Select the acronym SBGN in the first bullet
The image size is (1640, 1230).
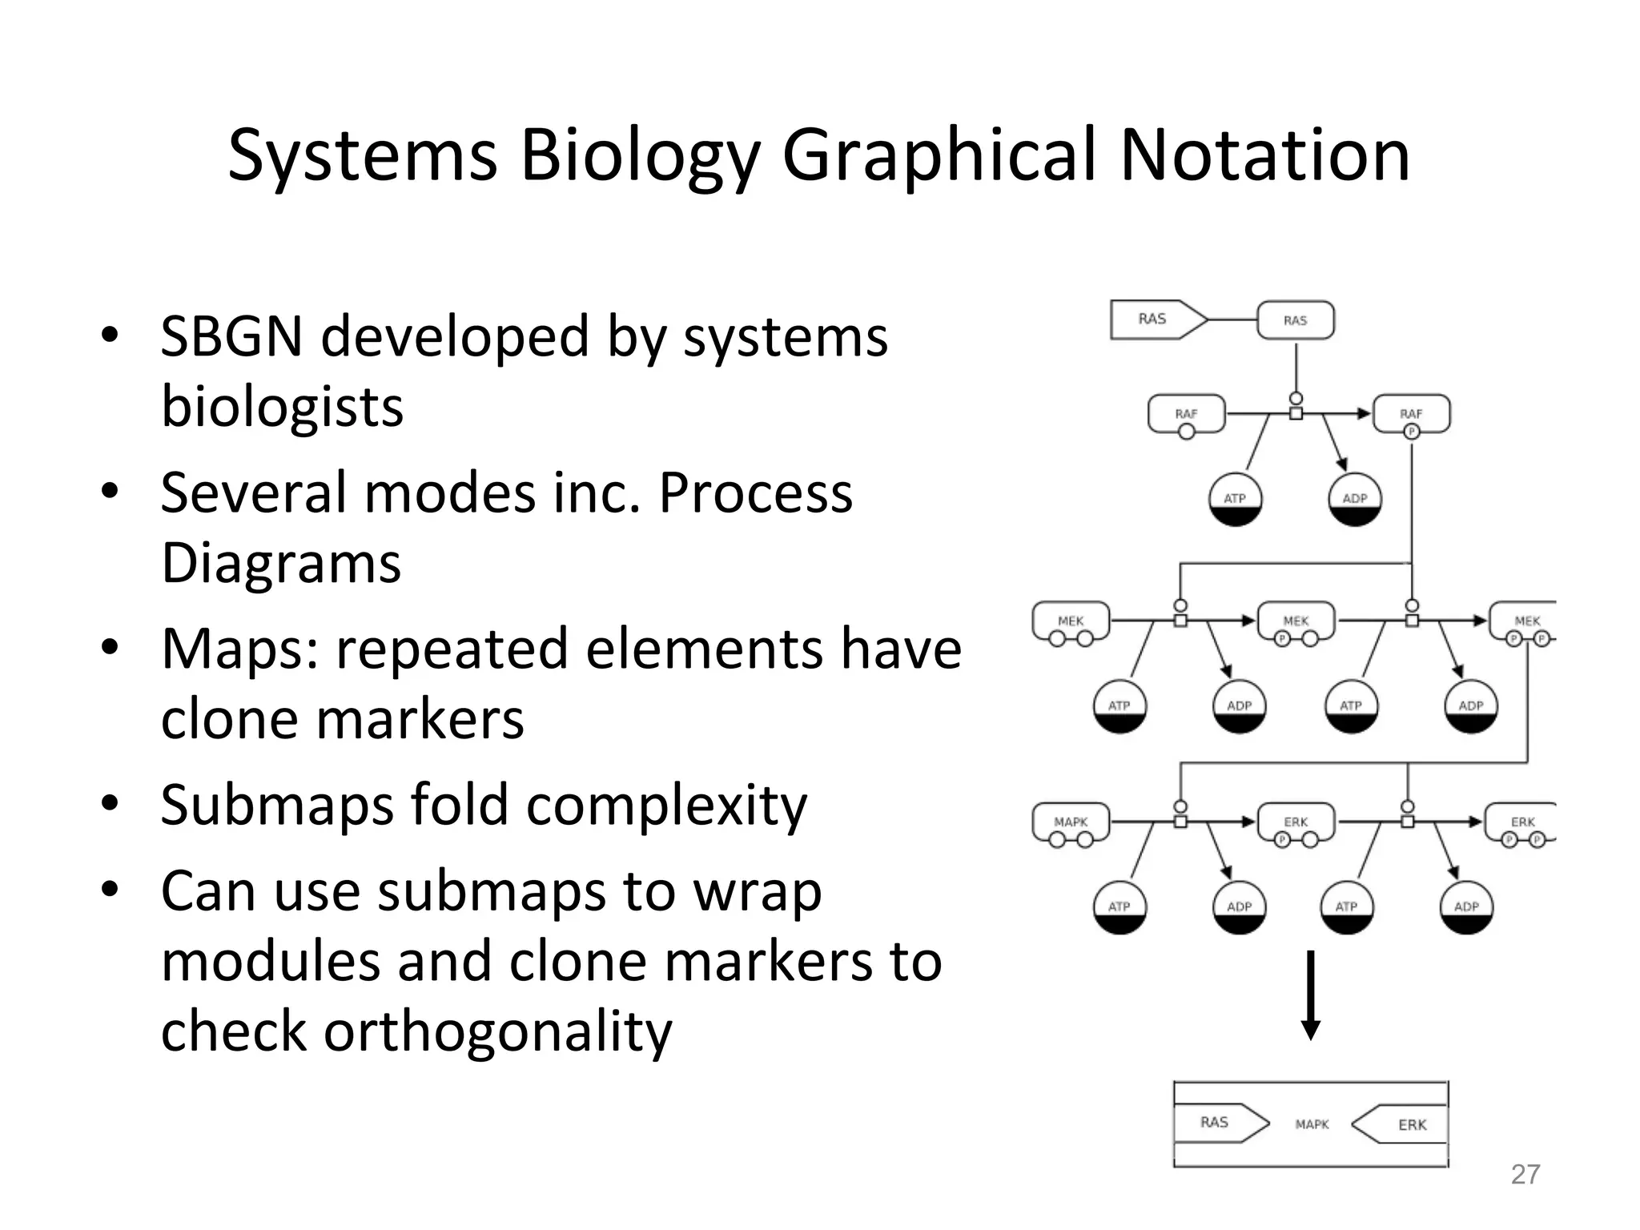point(231,336)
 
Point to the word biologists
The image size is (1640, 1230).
point(282,407)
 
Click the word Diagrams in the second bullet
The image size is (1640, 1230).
point(280,563)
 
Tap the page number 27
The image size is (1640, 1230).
point(1525,1174)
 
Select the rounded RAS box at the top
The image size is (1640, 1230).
point(1295,320)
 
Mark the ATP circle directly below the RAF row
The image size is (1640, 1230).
point(1235,500)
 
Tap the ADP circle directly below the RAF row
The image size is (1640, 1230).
point(1354,500)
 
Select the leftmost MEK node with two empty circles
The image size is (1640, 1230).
point(1071,622)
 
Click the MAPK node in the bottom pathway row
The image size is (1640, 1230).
point(1071,823)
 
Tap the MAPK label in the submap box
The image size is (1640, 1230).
point(1312,1124)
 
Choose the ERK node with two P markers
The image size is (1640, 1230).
point(1522,824)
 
